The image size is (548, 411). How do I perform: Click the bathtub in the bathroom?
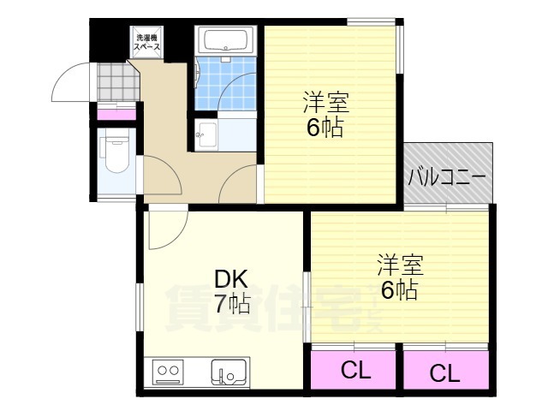point(226,40)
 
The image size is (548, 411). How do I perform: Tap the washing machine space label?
point(147,42)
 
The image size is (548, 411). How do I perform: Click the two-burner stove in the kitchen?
point(168,371)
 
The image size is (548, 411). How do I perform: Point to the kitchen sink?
point(229,372)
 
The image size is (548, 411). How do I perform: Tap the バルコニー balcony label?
point(447,177)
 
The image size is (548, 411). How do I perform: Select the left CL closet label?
point(355,371)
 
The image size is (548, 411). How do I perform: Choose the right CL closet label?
point(444,373)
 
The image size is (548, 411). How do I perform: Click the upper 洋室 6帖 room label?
point(325,114)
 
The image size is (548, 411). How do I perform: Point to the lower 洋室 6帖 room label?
point(400,277)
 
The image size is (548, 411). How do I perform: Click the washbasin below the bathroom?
point(206,135)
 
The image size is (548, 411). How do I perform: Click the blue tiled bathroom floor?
point(225,84)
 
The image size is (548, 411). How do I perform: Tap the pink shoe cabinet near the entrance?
point(116,114)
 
